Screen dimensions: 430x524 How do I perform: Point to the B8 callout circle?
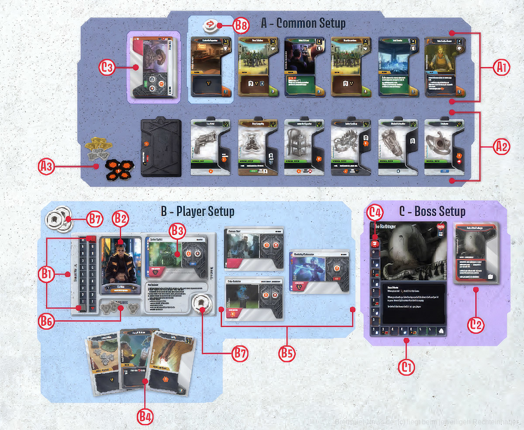point(241,26)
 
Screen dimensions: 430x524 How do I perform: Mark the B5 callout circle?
point(286,353)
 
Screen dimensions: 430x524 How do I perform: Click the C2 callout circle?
point(476,324)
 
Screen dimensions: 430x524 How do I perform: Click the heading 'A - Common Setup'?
point(303,23)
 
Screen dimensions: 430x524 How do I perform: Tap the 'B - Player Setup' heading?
point(197,212)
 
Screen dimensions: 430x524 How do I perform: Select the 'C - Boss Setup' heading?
point(432,212)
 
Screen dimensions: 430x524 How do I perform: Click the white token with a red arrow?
point(210,25)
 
